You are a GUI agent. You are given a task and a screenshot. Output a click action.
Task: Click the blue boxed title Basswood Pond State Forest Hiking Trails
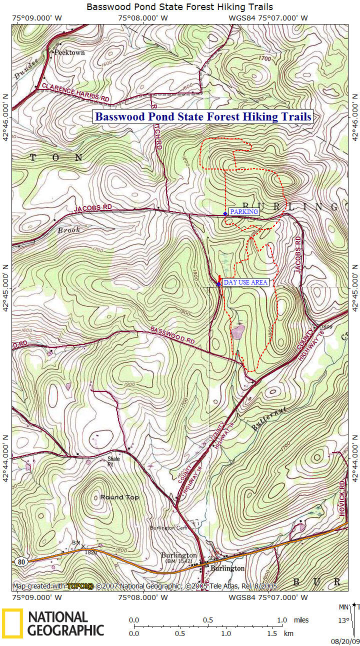click(203, 116)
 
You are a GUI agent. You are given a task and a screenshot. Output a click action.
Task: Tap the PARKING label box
click(244, 211)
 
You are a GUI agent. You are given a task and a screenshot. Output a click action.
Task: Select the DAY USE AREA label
click(245, 282)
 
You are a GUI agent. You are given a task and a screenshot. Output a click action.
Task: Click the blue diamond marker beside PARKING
click(225, 213)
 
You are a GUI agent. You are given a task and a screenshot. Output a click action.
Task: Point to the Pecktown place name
click(69, 52)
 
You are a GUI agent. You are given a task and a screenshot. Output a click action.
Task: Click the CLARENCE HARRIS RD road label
click(75, 92)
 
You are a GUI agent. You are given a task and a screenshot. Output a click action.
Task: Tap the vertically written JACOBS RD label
click(298, 254)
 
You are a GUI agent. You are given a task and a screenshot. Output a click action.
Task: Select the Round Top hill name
click(119, 497)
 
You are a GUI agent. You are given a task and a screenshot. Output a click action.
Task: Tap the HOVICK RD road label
click(342, 492)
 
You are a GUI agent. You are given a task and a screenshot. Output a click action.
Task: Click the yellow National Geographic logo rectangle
click(12, 623)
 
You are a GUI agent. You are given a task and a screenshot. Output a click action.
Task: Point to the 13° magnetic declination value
click(343, 620)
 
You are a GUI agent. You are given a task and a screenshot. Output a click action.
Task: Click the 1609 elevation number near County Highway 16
click(323, 326)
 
